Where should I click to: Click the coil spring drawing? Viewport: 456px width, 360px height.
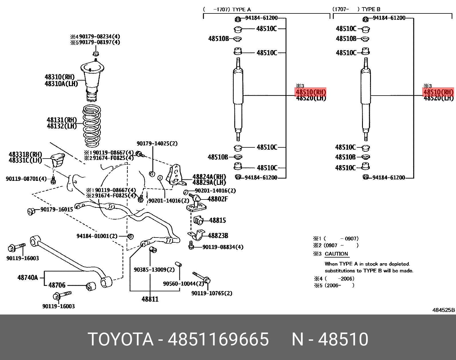pyautogui.click(x=92, y=126)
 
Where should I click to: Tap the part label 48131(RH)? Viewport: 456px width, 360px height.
pyautogui.click(x=62, y=120)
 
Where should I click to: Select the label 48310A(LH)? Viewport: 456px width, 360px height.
pyautogui.click(x=61, y=84)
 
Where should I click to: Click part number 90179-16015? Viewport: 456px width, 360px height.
pyautogui.click(x=56, y=209)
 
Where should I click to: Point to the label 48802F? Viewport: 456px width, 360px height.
pyautogui.click(x=218, y=199)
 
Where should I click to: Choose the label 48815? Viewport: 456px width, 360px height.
pyautogui.click(x=217, y=220)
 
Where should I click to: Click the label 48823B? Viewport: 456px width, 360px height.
pyautogui.click(x=218, y=236)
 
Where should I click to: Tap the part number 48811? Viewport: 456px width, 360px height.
pyautogui.click(x=150, y=299)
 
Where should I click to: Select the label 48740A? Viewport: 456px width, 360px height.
pyautogui.click(x=27, y=277)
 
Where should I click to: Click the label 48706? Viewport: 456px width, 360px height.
pyautogui.click(x=57, y=285)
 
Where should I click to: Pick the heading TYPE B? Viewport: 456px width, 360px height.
pyautogui.click(x=371, y=9)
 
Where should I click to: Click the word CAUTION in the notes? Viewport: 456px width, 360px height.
pyautogui.click(x=336, y=254)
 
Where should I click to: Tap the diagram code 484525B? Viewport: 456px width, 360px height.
pyautogui.click(x=443, y=310)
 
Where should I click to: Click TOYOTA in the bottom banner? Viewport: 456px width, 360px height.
pyautogui.click(x=121, y=339)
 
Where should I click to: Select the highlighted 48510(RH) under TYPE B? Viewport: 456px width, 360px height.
pyautogui.click(x=438, y=92)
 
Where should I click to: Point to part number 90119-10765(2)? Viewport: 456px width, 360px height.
pyautogui.click(x=212, y=293)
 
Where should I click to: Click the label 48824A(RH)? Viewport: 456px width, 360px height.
pyautogui.click(x=209, y=177)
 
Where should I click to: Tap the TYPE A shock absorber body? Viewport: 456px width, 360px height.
pyautogui.click(x=238, y=89)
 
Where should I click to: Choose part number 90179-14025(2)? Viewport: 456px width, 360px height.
pyautogui.click(x=157, y=143)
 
